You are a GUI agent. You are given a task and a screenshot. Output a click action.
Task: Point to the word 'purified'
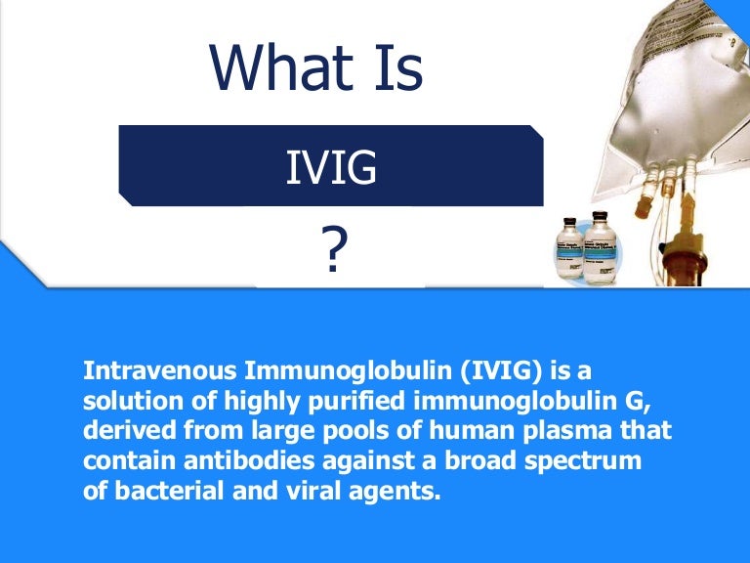(x=357, y=402)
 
